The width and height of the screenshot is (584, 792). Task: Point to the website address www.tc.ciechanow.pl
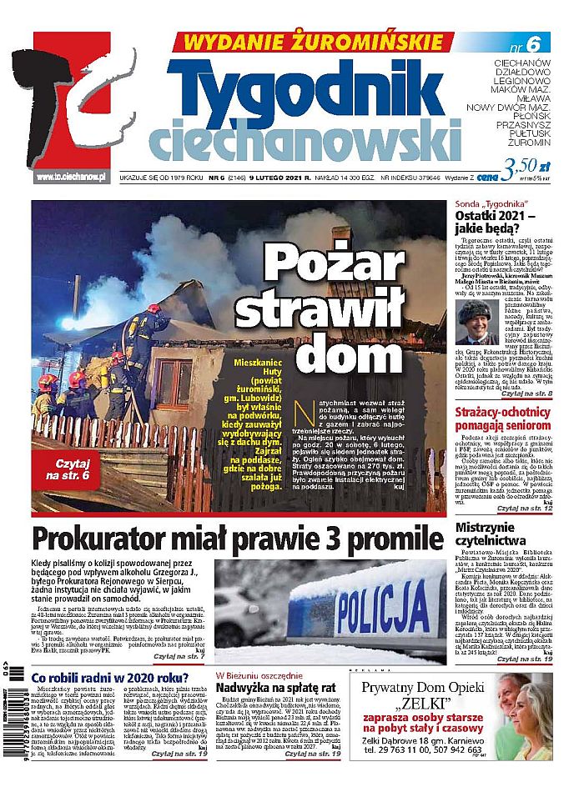tap(72, 176)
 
